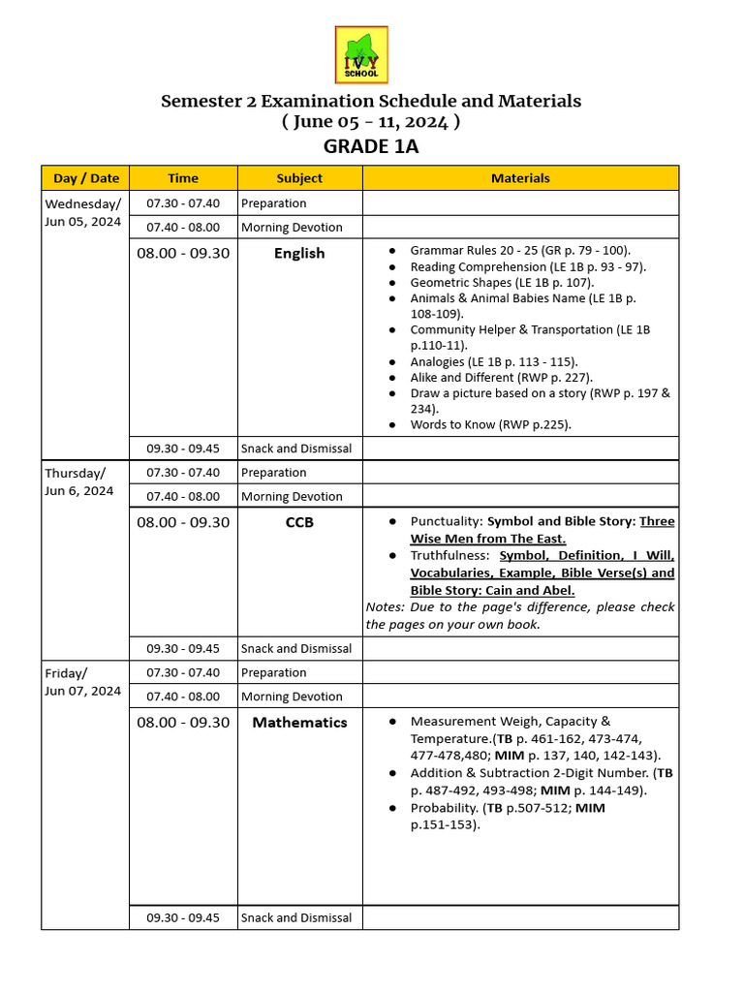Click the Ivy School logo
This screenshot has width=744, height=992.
tap(361, 54)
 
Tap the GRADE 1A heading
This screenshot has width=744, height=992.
tap(371, 147)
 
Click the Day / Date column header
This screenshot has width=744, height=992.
tap(86, 178)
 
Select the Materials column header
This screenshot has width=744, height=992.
tap(520, 178)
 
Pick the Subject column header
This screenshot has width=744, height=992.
tap(299, 178)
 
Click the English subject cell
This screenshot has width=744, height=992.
tap(299, 254)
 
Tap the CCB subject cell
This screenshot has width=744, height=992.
tap(299, 523)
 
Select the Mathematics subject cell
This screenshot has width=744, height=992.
tap(299, 723)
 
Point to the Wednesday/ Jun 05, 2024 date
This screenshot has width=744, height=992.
tap(83, 212)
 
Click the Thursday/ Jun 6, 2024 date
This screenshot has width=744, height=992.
tap(79, 481)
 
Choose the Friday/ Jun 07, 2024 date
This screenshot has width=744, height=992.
tap(83, 681)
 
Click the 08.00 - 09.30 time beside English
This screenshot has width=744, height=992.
tap(183, 254)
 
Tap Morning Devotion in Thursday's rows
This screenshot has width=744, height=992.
tap(292, 497)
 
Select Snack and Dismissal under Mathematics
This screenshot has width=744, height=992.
tap(296, 917)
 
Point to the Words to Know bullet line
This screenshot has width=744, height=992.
tap(490, 424)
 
